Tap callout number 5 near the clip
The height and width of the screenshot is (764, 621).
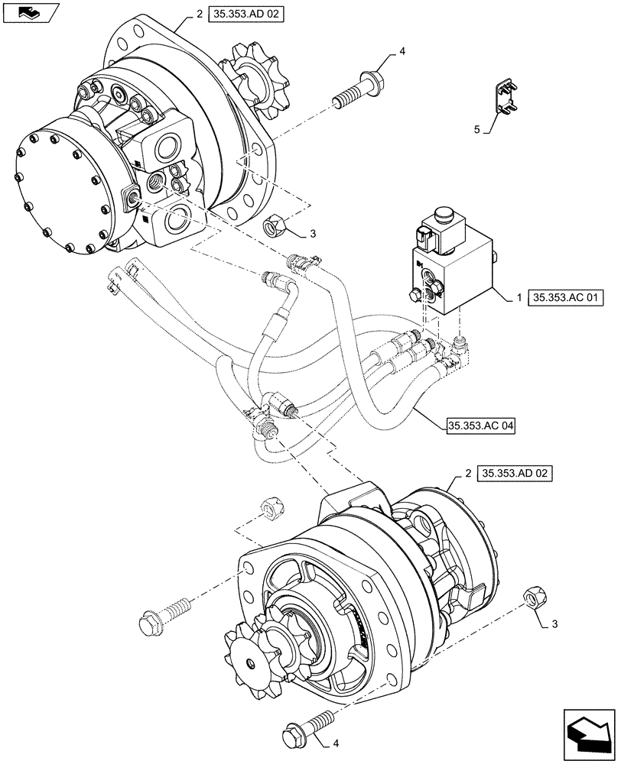pos(476,130)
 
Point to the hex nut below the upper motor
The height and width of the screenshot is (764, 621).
pos(274,226)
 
